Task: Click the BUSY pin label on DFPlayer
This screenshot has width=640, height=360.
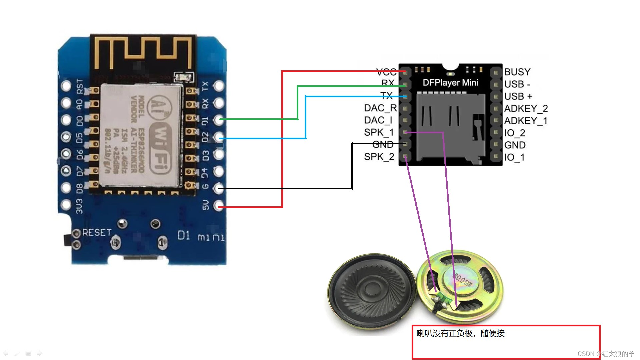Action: [x=517, y=72]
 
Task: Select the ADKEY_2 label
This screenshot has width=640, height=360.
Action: [x=526, y=109]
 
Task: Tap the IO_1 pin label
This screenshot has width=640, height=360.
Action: [x=514, y=157]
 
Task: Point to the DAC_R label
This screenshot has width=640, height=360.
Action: [x=380, y=108]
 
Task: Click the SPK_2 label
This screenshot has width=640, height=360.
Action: [x=379, y=157]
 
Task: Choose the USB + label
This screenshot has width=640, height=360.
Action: [x=518, y=96]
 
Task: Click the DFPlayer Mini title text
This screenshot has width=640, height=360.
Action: [x=450, y=83]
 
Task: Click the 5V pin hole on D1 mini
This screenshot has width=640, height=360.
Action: [x=219, y=205]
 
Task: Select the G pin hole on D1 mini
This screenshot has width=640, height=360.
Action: [x=219, y=188]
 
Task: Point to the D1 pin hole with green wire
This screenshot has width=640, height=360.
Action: [x=219, y=119]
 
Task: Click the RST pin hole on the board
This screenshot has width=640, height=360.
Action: [x=66, y=86]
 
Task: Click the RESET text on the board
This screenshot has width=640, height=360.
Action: [x=97, y=232]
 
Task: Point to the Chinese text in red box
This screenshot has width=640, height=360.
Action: [x=460, y=333]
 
